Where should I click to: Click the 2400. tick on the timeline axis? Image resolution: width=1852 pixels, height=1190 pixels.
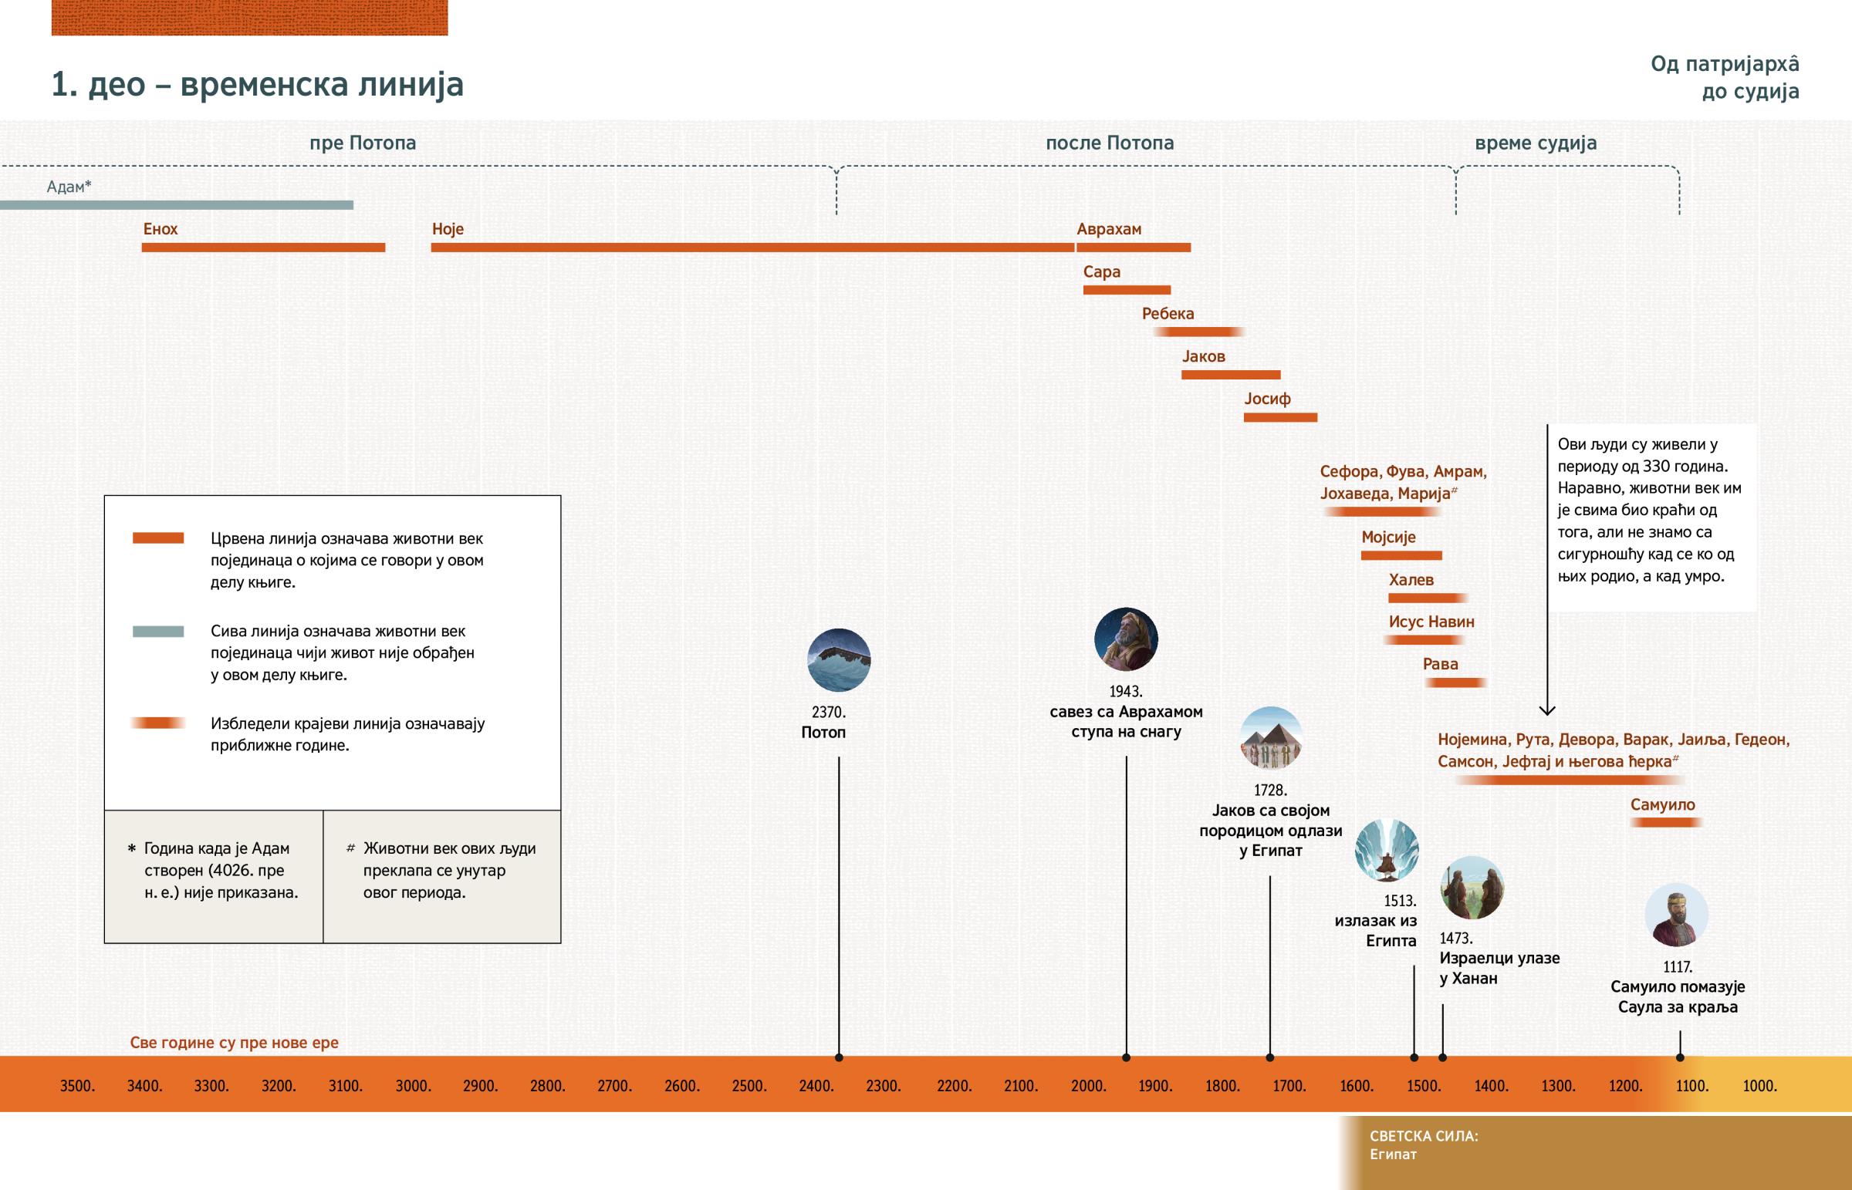tap(816, 1086)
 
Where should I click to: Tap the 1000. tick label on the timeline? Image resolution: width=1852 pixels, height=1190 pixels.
tap(1760, 1086)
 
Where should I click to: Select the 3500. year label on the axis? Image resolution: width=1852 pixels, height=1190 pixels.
tap(77, 1086)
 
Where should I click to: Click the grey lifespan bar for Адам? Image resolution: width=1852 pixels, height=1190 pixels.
tap(176, 205)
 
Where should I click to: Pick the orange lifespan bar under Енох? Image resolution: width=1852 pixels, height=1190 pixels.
tap(263, 248)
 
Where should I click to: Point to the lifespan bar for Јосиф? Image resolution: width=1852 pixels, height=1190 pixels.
tap(1280, 417)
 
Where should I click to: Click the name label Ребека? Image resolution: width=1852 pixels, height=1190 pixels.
tap(1168, 314)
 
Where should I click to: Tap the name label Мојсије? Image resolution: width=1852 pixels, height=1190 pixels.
tap(1388, 537)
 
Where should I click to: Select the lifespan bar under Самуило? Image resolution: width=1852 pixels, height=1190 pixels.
tap(1666, 822)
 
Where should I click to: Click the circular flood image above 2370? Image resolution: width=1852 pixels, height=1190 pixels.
tap(839, 660)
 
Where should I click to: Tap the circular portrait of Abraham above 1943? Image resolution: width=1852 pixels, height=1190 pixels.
tap(1126, 639)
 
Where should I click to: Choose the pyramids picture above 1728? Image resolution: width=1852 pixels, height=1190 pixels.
tap(1271, 738)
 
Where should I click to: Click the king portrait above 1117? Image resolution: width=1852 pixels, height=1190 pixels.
tap(1676, 915)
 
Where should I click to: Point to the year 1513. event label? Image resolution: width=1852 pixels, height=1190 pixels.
tap(1400, 901)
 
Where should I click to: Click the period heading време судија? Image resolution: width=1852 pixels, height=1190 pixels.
tap(1535, 143)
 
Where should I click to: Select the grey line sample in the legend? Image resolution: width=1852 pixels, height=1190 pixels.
tap(158, 632)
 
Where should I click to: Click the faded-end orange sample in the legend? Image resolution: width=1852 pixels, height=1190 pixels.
tap(158, 723)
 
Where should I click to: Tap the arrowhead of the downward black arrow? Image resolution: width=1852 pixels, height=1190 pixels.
tap(1547, 709)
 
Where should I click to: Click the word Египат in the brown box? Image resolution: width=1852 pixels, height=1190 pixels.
tap(1393, 1155)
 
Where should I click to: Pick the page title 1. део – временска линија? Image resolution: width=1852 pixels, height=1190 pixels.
tap(258, 84)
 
